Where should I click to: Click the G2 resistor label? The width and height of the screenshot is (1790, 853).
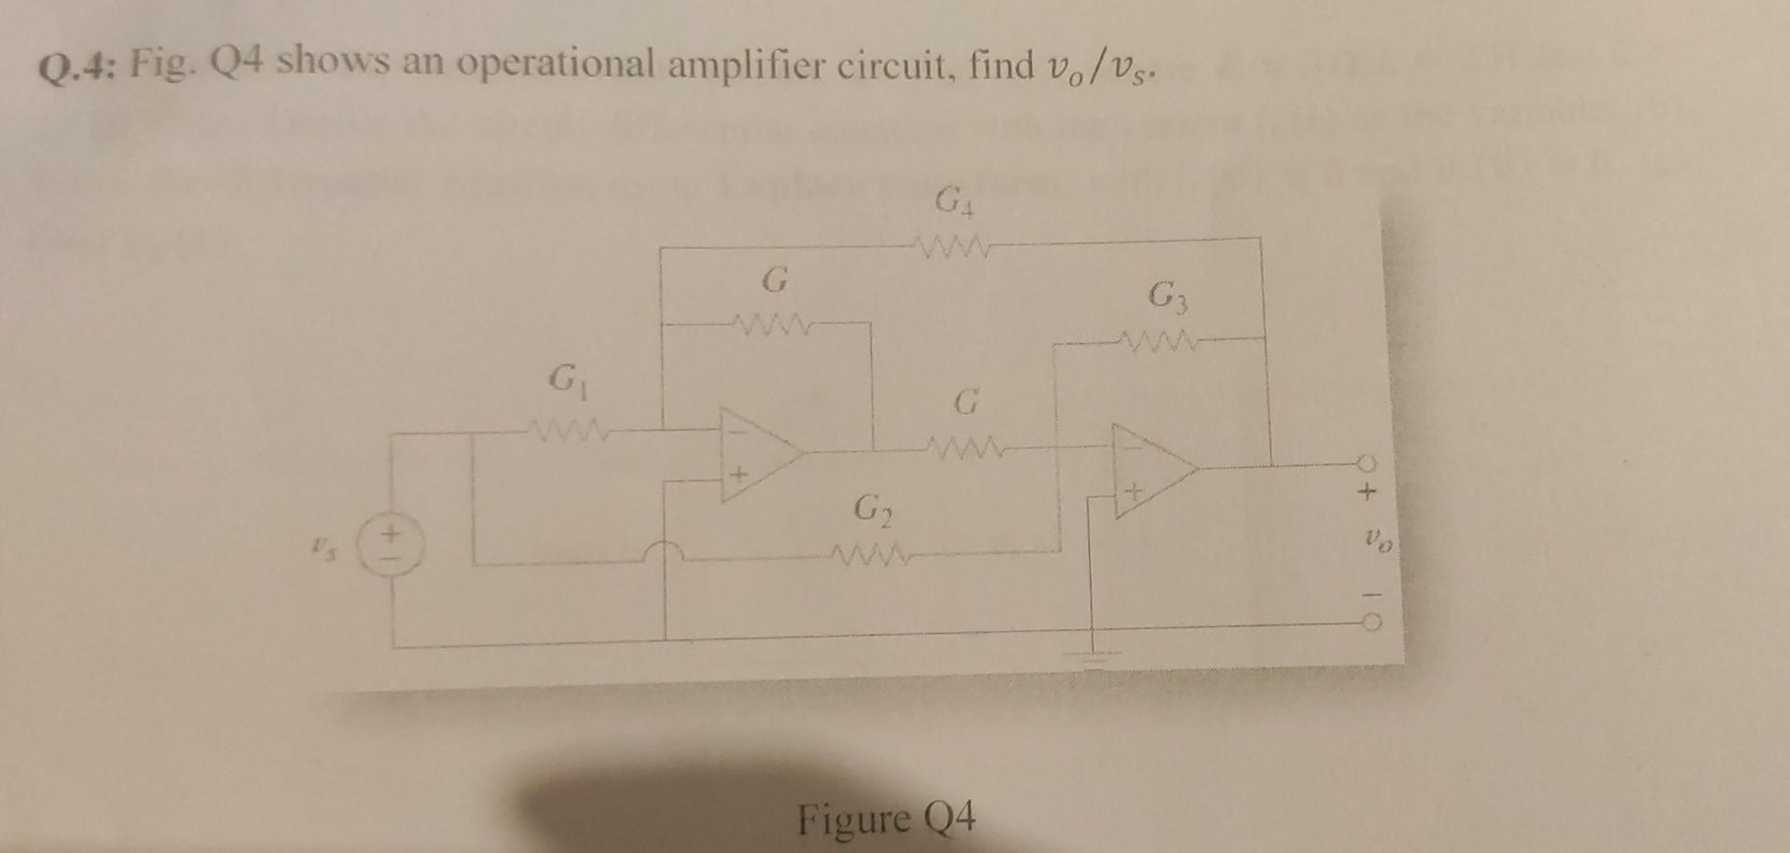click(873, 509)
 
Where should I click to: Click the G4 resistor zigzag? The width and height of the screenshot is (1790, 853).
click(953, 248)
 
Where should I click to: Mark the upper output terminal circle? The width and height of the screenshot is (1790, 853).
click(1367, 462)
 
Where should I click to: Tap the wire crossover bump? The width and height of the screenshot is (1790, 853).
click(665, 552)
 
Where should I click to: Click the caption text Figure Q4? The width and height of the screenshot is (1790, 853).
click(887, 819)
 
